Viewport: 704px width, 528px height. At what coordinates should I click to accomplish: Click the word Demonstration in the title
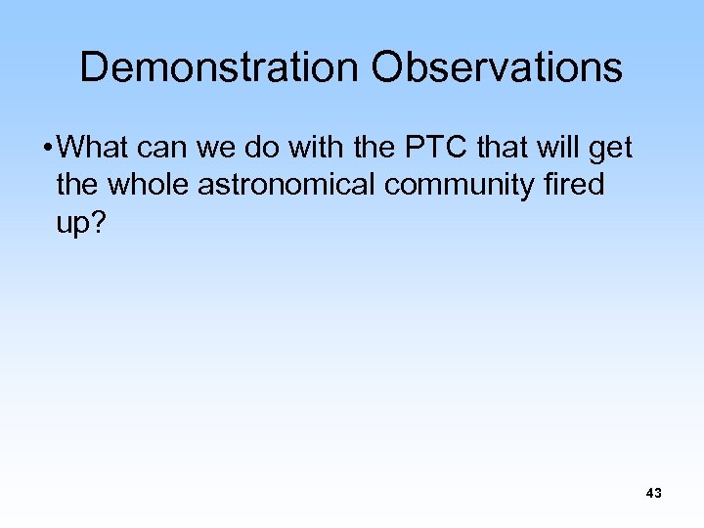click(x=218, y=67)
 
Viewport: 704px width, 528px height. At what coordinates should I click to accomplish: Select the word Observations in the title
click(x=497, y=67)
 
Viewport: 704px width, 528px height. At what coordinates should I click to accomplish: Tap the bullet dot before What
click(x=48, y=150)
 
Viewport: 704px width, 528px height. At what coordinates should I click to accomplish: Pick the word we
click(x=228, y=150)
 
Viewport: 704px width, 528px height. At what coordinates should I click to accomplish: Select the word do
click(x=273, y=149)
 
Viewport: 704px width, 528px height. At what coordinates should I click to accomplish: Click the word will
click(x=560, y=149)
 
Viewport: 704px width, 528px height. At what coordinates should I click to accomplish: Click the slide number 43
click(x=654, y=494)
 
